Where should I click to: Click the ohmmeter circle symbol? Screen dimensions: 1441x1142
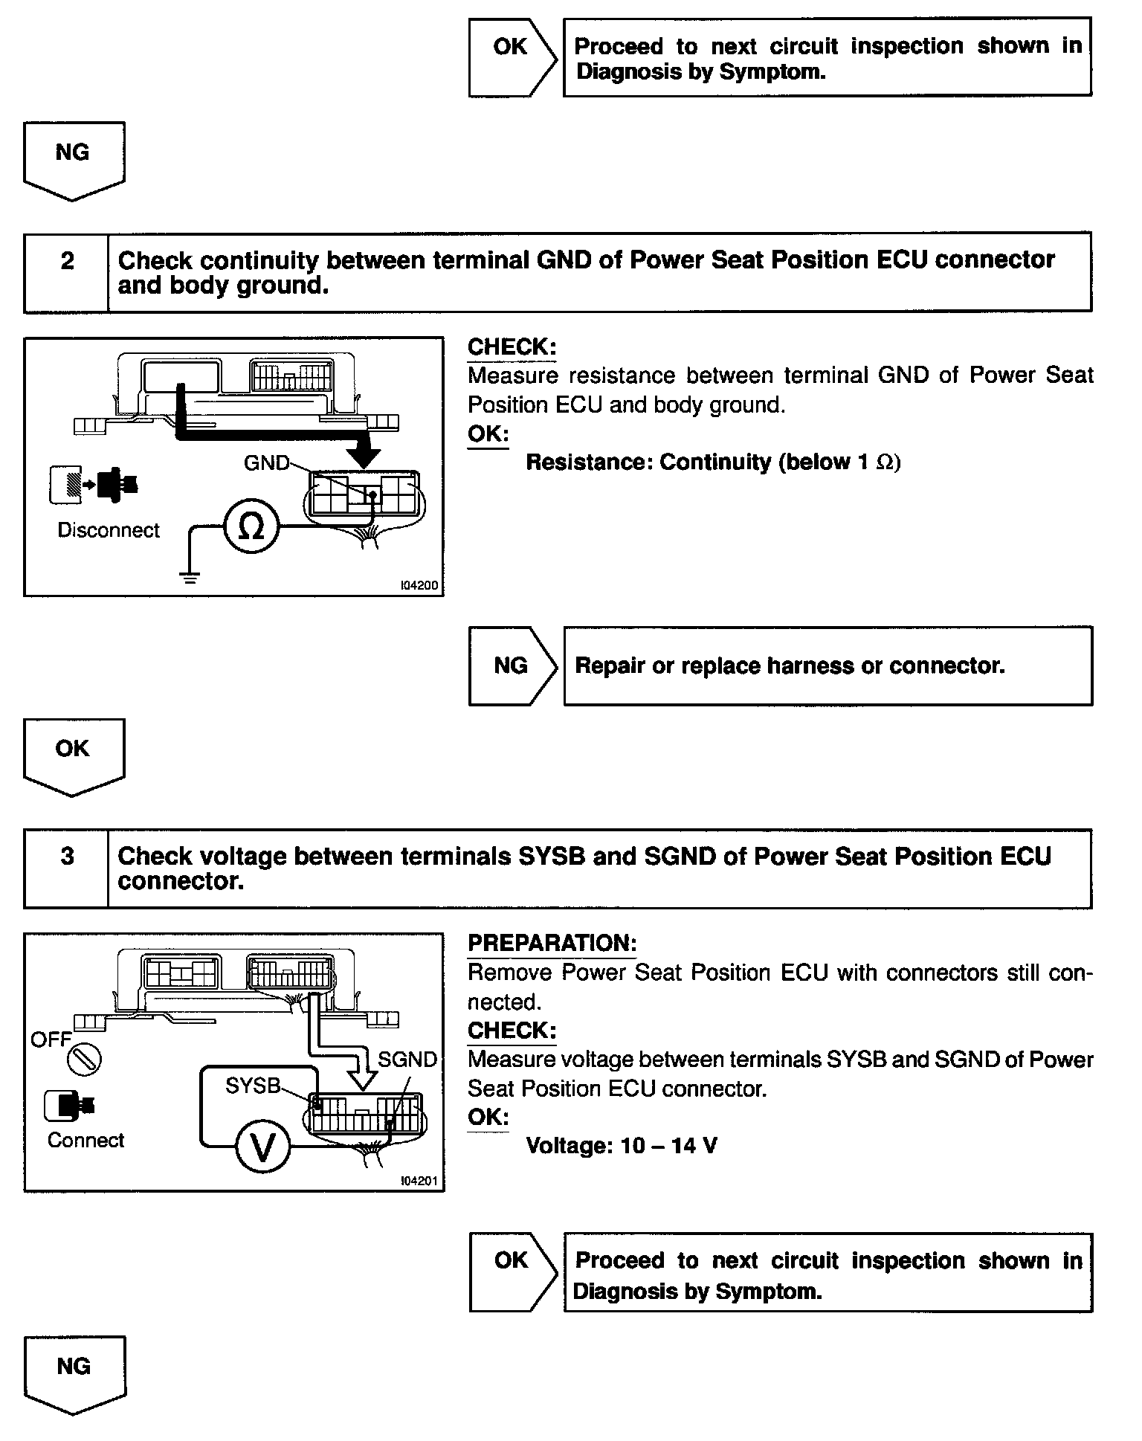[x=251, y=526]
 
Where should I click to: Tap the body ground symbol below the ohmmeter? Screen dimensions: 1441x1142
[x=190, y=577]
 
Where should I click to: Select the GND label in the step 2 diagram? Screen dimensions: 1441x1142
[x=265, y=463]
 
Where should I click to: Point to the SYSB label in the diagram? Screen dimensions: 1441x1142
[x=253, y=1086]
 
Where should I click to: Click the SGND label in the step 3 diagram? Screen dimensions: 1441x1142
[x=407, y=1060]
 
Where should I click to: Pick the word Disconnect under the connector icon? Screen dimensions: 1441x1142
[x=109, y=530]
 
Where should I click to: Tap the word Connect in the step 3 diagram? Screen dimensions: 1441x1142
[x=86, y=1141]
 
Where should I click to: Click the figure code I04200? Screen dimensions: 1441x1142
[x=419, y=586]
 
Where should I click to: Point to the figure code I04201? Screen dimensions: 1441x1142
[x=419, y=1181]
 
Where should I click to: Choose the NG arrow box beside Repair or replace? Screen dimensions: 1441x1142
[x=512, y=665]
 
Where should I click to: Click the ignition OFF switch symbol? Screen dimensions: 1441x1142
[x=84, y=1060]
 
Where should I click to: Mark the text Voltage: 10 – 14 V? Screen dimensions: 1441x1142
[x=622, y=1146]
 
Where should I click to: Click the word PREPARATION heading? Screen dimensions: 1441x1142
[x=552, y=944]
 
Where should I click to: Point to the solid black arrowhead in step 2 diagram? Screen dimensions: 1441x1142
[x=364, y=456]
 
